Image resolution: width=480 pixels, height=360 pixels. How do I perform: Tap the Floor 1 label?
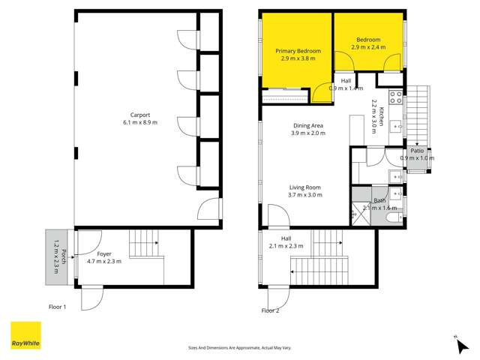(x=58, y=307)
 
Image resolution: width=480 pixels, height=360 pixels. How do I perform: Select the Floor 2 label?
(x=270, y=310)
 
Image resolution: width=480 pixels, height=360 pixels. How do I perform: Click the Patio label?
(x=416, y=151)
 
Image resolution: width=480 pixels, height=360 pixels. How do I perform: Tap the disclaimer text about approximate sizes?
(x=239, y=347)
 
